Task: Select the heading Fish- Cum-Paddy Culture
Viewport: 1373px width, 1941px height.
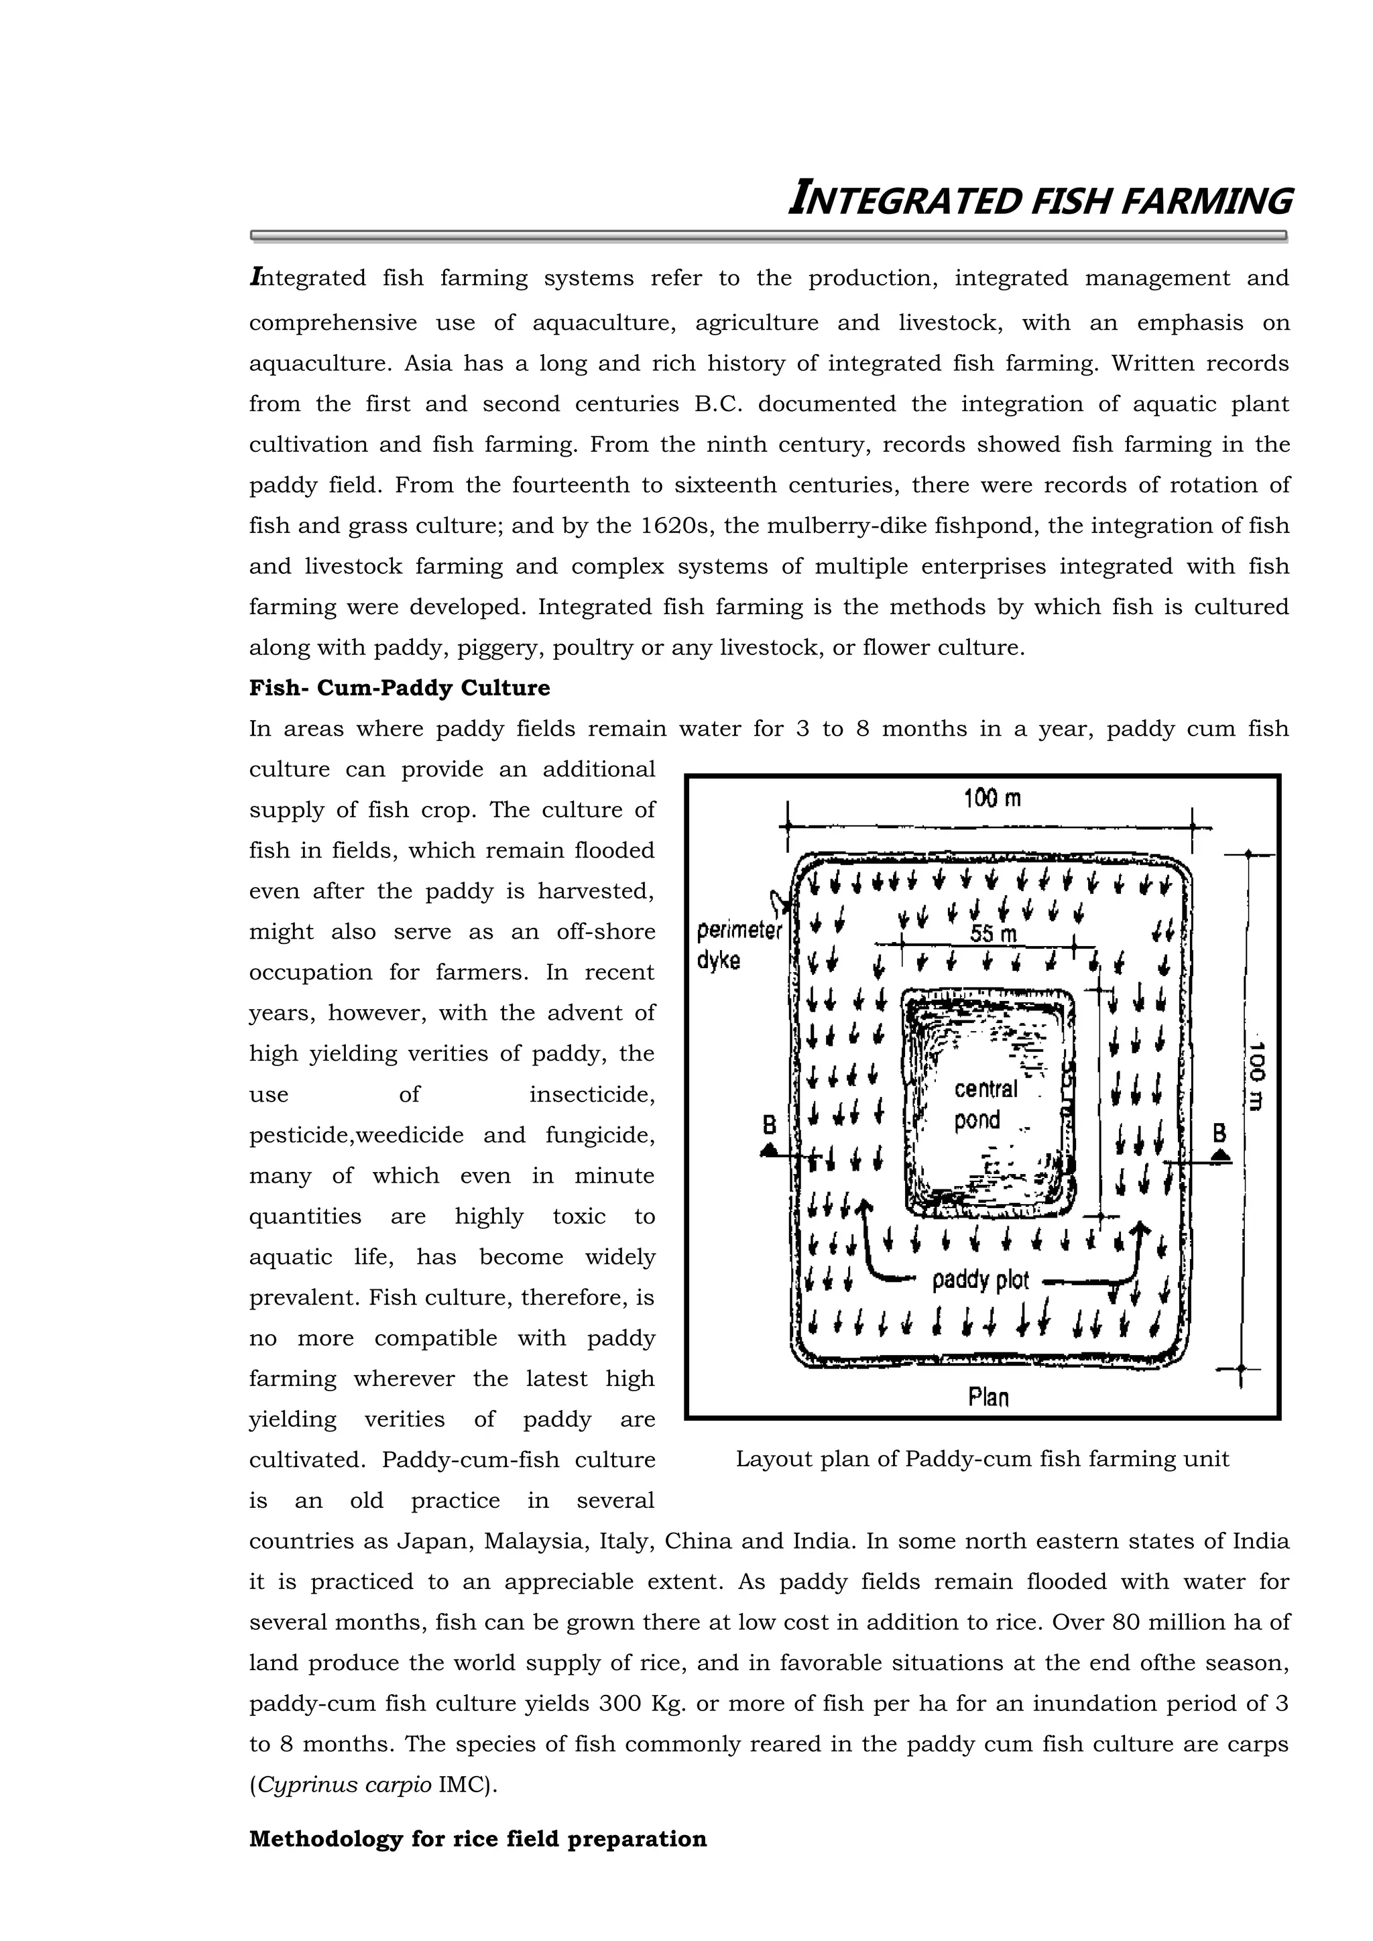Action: tap(399, 688)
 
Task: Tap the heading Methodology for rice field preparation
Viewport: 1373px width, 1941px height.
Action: tap(478, 1838)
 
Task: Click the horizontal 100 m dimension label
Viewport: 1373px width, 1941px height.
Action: tap(992, 798)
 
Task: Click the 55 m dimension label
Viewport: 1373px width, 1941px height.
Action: tap(993, 934)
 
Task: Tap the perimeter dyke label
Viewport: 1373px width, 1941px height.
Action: tap(737, 945)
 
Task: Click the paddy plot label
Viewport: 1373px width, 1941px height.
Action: tap(980, 1280)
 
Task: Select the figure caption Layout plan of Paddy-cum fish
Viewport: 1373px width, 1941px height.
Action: tap(981, 1458)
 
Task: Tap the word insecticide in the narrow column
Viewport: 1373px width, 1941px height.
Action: tap(592, 1095)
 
